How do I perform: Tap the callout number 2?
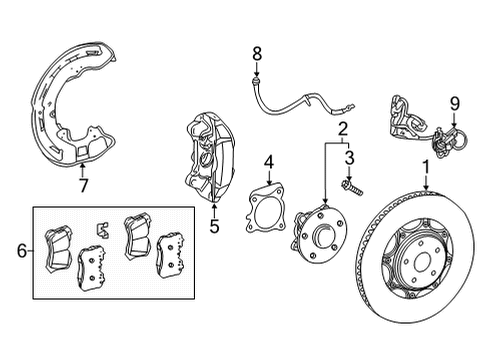coord(343,128)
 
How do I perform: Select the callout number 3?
coord(350,157)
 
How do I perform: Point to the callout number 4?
coord(269,160)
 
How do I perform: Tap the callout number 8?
coord(256,54)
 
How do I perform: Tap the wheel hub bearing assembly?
coord(319,240)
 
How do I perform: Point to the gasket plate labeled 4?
coord(267,214)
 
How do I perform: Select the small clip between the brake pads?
coord(101,230)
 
